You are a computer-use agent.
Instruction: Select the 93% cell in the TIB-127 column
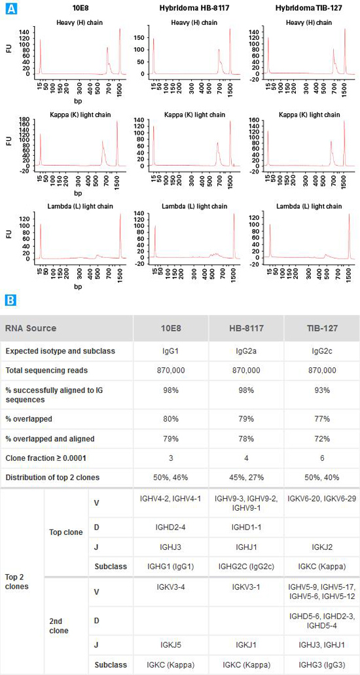321,394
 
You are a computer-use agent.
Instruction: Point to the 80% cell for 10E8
171,418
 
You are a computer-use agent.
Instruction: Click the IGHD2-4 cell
171,526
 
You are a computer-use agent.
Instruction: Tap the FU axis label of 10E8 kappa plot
9,140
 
